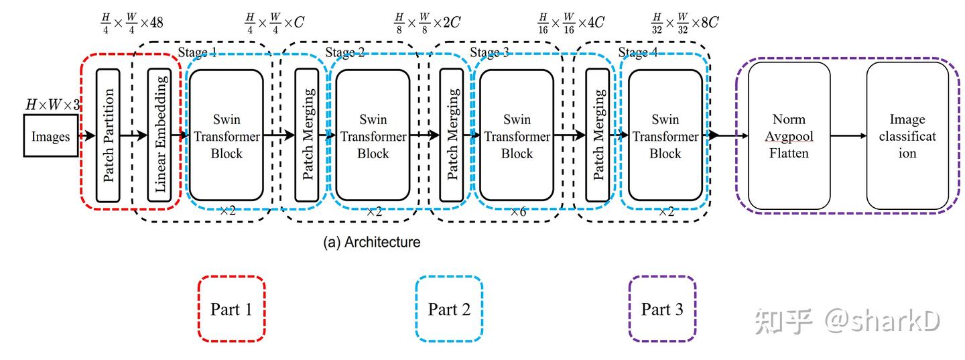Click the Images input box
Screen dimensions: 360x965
51,135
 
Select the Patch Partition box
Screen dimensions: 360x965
108,135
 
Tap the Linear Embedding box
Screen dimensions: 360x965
159,135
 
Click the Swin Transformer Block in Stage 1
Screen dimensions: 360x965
226,135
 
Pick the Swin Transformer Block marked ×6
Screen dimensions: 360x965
517,135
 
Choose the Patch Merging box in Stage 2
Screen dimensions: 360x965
308,135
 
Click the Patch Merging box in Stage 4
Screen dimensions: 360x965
598,135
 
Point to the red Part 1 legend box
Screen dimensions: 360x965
231,309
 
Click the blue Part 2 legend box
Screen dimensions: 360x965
449,309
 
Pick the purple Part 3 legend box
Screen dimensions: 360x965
662,309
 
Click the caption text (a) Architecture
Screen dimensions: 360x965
372,242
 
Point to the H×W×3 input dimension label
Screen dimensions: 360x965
52,104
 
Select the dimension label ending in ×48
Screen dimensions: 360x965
131,23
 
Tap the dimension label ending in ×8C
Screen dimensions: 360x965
684,23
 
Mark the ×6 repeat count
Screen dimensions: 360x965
518,211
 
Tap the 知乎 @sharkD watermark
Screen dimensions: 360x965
847,321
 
